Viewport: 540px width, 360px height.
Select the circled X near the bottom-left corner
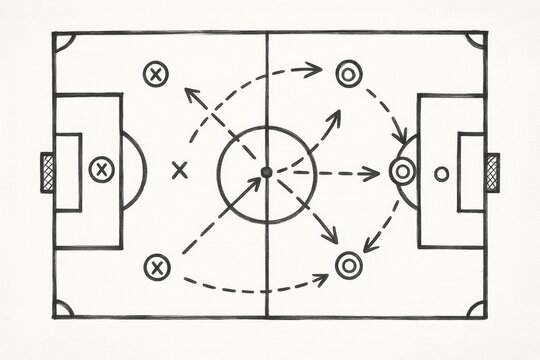(155, 266)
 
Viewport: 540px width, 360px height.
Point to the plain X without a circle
(180, 169)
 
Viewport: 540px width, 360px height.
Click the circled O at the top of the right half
(347, 72)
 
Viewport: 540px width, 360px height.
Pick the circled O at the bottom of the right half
(348, 264)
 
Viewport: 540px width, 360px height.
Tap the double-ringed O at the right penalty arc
(401, 171)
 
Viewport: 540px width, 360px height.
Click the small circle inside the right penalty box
(441, 173)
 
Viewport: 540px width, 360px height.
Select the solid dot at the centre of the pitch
(266, 172)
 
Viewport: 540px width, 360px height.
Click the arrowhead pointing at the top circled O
(316, 69)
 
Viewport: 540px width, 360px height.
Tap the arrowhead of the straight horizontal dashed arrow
(375, 172)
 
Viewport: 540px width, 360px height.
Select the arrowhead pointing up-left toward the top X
(188, 93)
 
